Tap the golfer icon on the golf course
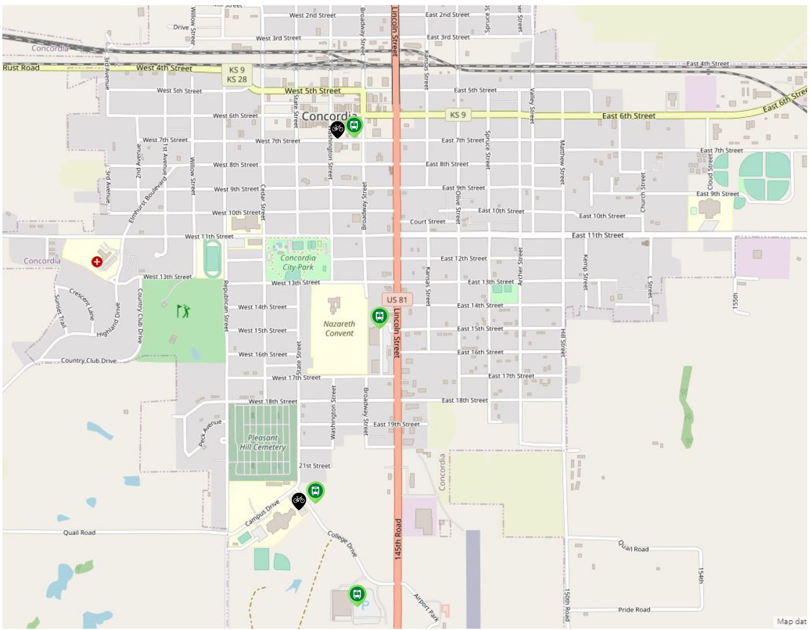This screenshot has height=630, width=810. [x=183, y=311]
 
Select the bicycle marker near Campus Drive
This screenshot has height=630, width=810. [x=299, y=500]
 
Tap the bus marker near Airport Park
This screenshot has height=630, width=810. [x=357, y=594]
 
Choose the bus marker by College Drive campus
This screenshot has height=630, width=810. [x=315, y=491]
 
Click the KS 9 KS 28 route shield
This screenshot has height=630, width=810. [x=237, y=75]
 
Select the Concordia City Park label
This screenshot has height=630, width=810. [x=298, y=262]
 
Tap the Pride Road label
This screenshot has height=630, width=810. [x=634, y=610]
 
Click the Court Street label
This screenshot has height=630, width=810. [x=427, y=222]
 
